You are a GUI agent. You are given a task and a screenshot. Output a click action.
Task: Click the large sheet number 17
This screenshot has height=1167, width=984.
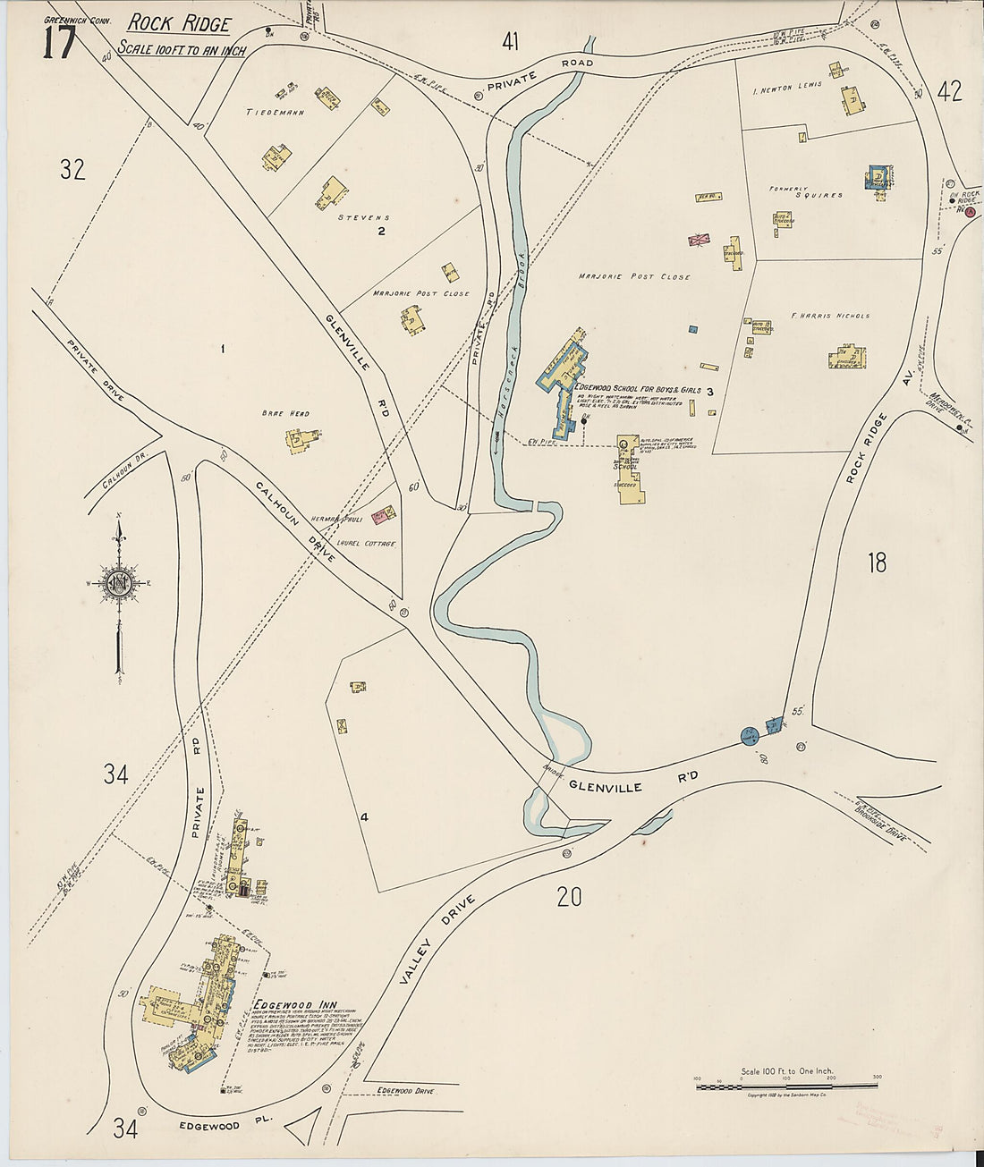click(x=58, y=42)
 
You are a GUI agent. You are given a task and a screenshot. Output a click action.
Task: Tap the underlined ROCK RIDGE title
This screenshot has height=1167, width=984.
click(x=179, y=24)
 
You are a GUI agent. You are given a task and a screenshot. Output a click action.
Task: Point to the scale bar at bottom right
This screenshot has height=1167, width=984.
click(x=786, y=1086)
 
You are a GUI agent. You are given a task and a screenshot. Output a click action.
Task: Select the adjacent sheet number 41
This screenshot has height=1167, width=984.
click(x=510, y=41)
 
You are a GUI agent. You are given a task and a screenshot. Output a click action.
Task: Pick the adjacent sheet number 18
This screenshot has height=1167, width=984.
click(x=877, y=562)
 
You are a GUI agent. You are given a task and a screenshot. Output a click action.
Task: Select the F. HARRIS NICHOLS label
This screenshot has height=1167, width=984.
click(x=830, y=316)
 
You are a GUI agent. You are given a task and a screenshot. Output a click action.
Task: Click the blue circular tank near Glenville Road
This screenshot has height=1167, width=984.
click(x=750, y=736)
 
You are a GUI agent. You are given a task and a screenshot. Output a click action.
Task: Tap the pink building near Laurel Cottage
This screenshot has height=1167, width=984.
click(x=384, y=514)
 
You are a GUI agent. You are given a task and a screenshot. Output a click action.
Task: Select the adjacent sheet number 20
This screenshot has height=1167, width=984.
click(x=569, y=895)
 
